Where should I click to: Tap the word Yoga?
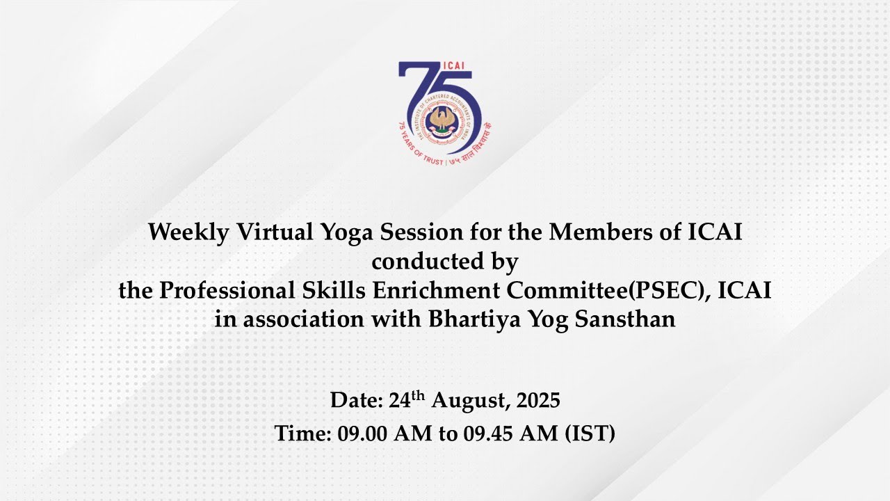pyautogui.click(x=346, y=233)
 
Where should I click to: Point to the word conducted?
pyautogui.click(x=428, y=262)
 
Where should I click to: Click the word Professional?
pyautogui.click(x=227, y=290)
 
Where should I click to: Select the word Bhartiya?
pyautogui.click(x=474, y=319)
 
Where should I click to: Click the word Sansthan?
pyautogui.click(x=625, y=319)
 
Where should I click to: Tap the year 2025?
pyautogui.click(x=538, y=400)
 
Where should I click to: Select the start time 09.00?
pyautogui.click(x=362, y=434)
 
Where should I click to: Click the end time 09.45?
pyautogui.click(x=488, y=434)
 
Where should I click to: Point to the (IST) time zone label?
pyautogui.click(x=590, y=434)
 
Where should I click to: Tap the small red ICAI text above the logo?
pyautogui.click(x=453, y=65)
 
